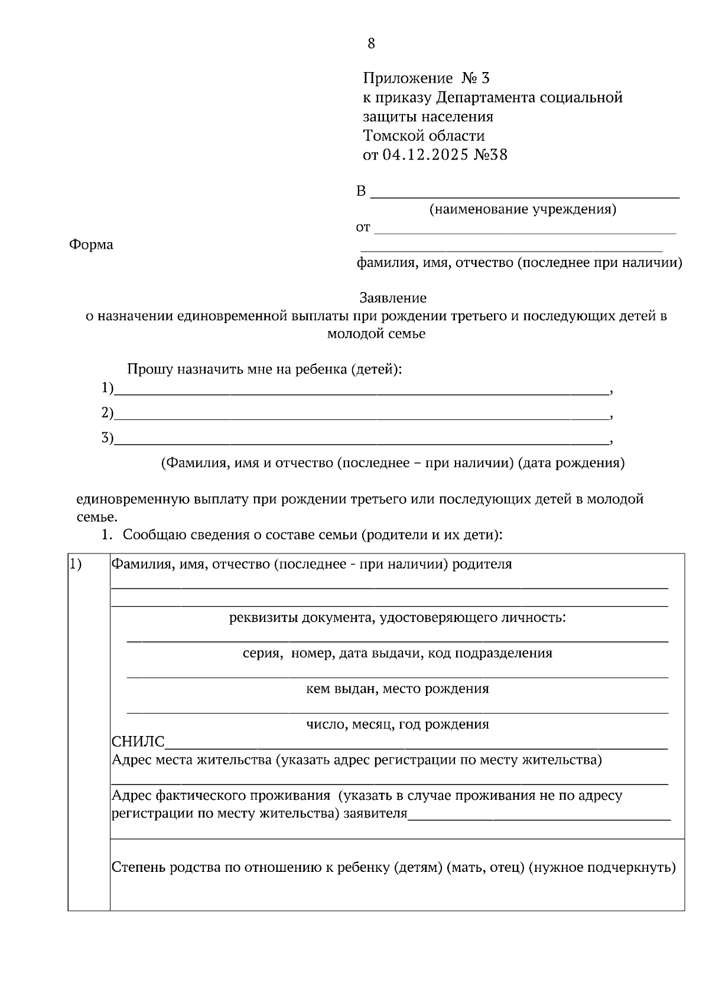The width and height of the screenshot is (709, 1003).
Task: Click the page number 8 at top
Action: point(371,43)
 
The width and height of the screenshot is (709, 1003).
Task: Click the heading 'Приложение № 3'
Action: point(426,78)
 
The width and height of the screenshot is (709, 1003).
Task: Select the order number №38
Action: point(491,155)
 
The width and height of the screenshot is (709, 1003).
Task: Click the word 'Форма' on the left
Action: point(91,245)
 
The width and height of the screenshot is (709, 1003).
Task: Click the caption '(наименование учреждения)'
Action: point(522,209)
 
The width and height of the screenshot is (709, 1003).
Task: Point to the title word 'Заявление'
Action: point(393,298)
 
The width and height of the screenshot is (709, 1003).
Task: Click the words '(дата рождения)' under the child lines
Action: point(571,463)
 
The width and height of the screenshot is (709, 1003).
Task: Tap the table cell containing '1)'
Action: point(89,731)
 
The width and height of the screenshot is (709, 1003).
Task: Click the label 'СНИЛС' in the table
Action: point(138,742)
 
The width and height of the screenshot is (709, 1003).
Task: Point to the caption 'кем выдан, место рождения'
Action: point(397,689)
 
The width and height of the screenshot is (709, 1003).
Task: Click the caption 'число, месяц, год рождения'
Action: point(397,724)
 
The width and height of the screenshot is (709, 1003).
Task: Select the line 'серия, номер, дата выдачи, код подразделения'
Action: point(397,653)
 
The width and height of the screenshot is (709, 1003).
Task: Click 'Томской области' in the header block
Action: point(424,136)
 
